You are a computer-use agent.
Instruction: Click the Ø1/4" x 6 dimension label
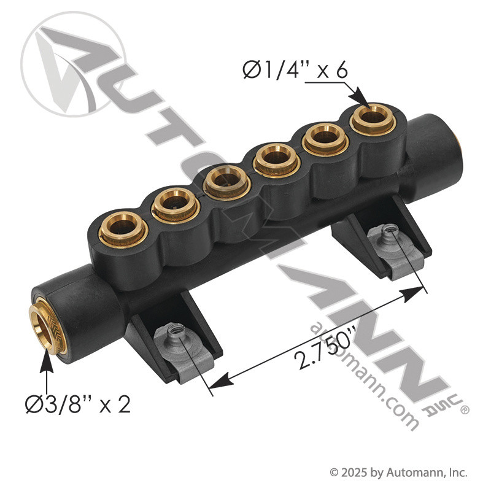[x=295, y=71]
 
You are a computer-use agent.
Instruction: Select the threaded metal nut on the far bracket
[x=387, y=233]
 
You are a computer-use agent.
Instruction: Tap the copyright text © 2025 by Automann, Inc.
[x=399, y=473]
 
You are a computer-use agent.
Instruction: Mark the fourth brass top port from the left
[x=276, y=157]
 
